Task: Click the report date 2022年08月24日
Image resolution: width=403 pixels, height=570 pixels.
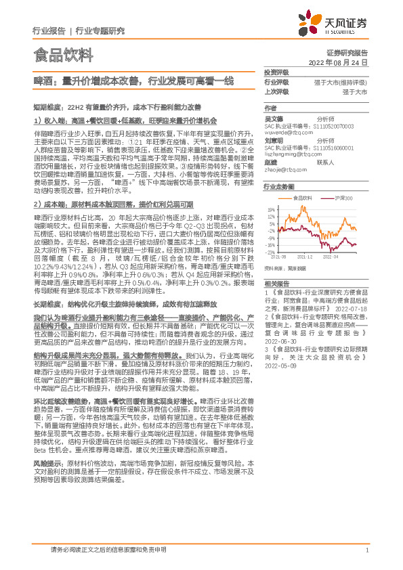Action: click(342, 62)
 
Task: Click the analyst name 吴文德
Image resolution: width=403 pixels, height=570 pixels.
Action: click(273, 118)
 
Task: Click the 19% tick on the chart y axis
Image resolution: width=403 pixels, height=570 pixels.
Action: click(270, 210)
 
